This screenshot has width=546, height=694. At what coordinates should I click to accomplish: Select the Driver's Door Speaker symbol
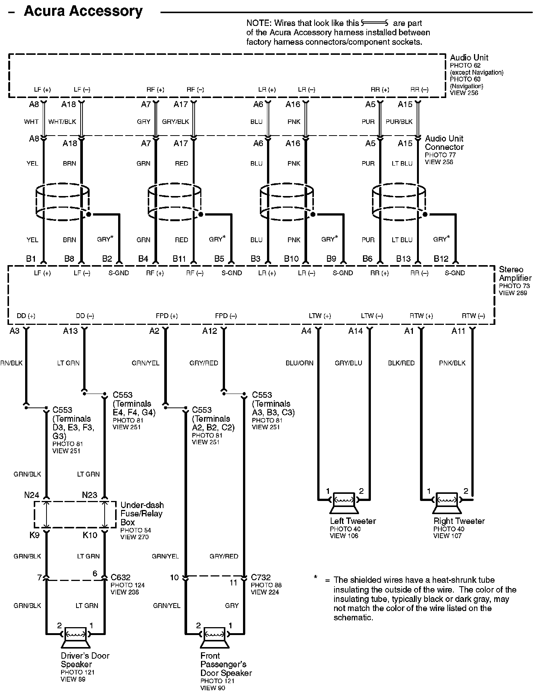pos(75,637)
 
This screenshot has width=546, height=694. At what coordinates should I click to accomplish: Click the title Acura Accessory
pos(83,11)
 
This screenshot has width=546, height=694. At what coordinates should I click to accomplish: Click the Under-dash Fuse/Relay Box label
pos(142,513)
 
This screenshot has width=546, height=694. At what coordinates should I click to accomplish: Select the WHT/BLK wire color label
pos(62,122)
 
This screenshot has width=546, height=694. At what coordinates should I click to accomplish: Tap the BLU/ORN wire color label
pos(299,363)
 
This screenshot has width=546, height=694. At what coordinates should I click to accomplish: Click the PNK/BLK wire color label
pos(452,363)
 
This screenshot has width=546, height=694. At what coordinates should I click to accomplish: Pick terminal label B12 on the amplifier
pos(441,258)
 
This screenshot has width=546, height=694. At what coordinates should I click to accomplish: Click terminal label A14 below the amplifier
pos(355,330)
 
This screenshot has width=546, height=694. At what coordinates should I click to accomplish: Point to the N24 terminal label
pos(31,495)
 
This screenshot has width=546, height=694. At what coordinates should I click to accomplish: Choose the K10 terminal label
pos(90,535)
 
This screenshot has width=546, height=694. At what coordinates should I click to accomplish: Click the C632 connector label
pos(120,577)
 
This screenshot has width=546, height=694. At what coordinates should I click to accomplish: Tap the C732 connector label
pos(261,577)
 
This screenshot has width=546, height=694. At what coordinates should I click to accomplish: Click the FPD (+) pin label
pos(166,316)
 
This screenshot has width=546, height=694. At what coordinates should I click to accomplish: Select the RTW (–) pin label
pos(473,316)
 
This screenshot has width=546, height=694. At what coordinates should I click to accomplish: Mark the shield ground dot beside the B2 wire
pos(89,214)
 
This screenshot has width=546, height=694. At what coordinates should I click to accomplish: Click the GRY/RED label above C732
pos(224,556)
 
